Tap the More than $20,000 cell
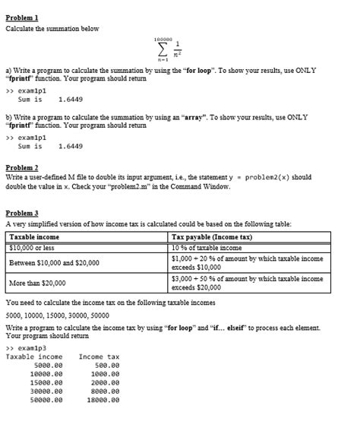pos(37,283)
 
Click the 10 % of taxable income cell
pos(207,246)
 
